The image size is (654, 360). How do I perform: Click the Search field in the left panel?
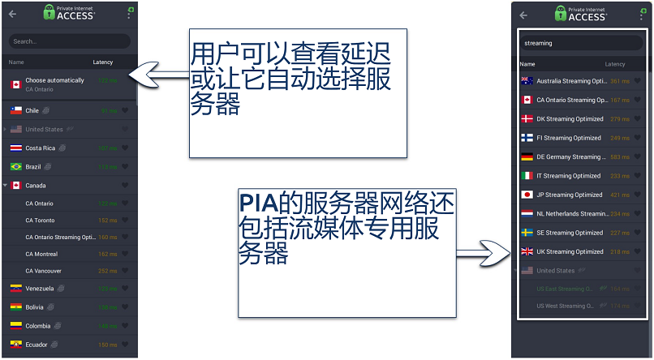69,41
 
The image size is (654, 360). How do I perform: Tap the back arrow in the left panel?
12,14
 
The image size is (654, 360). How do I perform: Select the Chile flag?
15,110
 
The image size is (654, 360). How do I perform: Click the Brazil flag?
15,166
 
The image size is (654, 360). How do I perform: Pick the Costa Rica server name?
40,148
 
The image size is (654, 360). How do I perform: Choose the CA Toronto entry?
40,220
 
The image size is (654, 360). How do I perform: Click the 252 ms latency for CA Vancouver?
107,271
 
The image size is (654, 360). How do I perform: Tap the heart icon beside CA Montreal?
125,254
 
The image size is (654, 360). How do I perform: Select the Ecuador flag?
15,344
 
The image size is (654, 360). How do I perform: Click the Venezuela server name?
40,289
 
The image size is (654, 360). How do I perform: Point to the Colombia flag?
15,326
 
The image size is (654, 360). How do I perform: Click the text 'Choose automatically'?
54,80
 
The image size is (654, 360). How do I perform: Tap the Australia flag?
527,81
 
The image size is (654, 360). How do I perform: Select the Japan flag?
527,195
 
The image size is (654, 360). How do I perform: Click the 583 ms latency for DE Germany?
619,157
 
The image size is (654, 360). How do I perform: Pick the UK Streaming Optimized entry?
570,251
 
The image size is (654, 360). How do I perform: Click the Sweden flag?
527,233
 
